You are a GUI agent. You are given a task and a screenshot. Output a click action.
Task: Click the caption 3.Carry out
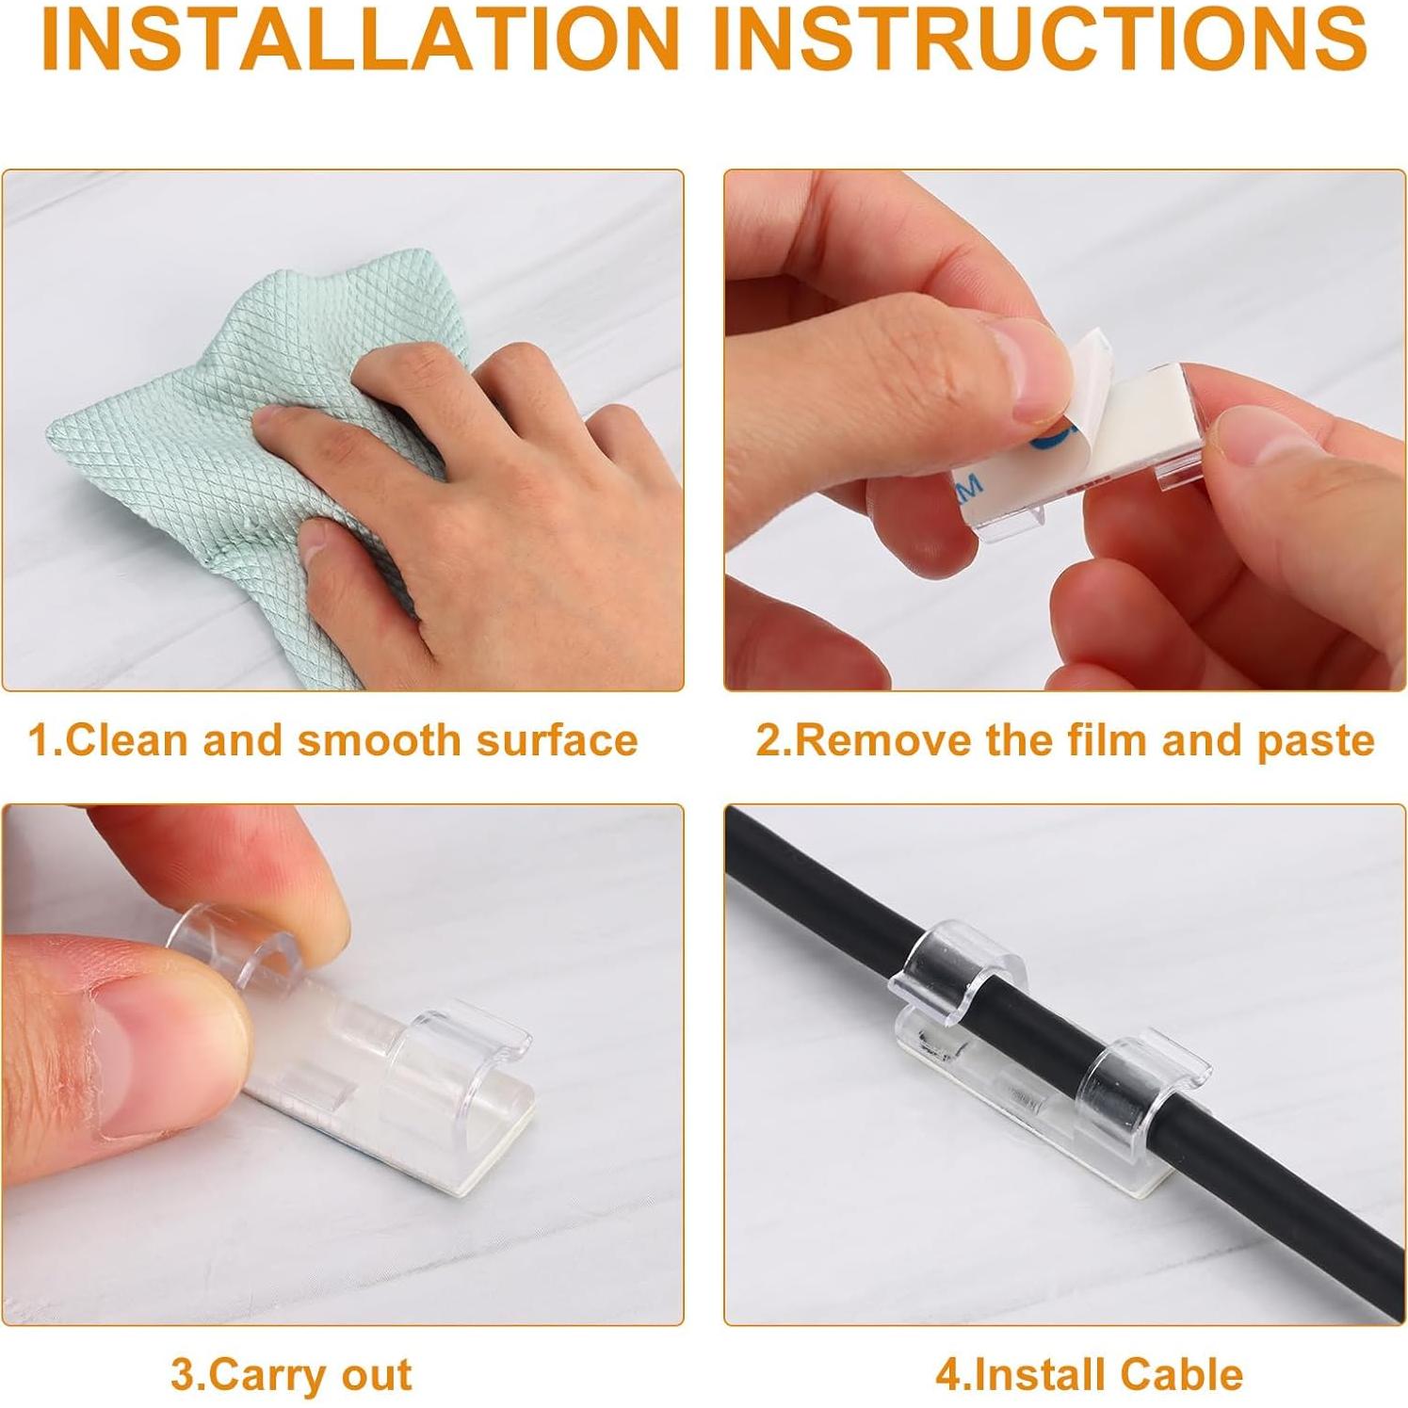click(291, 1375)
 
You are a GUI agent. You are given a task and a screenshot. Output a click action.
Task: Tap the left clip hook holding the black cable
click(951, 970)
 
